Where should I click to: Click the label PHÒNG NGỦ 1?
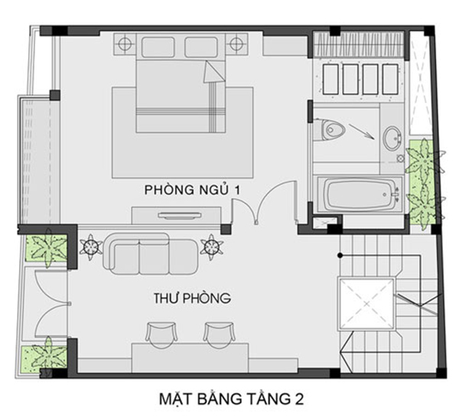click(192, 190)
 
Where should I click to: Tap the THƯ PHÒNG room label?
click(192, 298)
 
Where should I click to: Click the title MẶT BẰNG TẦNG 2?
click(231, 399)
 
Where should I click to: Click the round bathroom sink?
click(392, 138)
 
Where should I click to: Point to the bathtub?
click(360, 194)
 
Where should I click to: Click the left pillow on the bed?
click(158, 47)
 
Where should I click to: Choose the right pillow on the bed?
click(201, 47)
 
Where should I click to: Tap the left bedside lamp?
click(125, 44)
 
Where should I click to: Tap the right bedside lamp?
click(236, 44)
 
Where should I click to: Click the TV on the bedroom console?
click(180, 216)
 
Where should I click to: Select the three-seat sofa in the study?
click(151, 253)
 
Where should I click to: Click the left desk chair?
click(161, 334)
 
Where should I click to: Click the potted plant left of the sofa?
click(90, 246)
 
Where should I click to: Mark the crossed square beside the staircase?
click(366, 304)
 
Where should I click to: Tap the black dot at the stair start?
click(340, 256)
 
